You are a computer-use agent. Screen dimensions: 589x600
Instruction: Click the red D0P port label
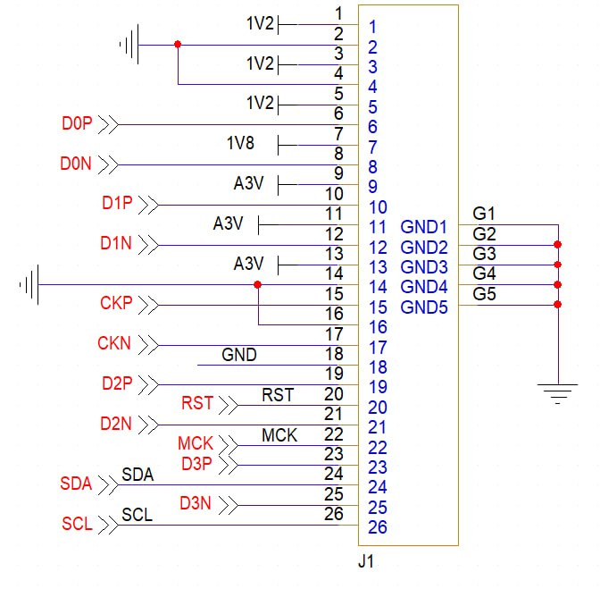click(78, 124)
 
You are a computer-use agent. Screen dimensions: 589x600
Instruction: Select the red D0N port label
click(76, 164)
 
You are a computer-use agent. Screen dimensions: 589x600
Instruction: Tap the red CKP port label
click(116, 304)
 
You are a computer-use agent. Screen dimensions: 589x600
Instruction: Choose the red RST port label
click(197, 404)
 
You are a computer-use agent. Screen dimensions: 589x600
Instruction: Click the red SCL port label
click(78, 525)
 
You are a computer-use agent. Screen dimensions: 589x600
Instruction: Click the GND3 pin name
click(421, 267)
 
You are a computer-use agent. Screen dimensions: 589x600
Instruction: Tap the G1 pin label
click(484, 215)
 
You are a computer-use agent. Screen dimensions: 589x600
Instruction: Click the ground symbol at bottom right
click(558, 391)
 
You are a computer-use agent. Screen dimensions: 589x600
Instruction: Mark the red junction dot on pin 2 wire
click(179, 44)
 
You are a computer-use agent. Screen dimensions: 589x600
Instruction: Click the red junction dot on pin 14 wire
click(257, 285)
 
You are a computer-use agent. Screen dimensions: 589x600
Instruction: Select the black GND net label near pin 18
click(238, 356)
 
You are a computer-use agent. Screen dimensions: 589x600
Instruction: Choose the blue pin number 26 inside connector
click(377, 527)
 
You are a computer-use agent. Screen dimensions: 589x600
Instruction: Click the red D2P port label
click(117, 384)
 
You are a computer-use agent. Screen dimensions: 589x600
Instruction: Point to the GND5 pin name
click(421, 307)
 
